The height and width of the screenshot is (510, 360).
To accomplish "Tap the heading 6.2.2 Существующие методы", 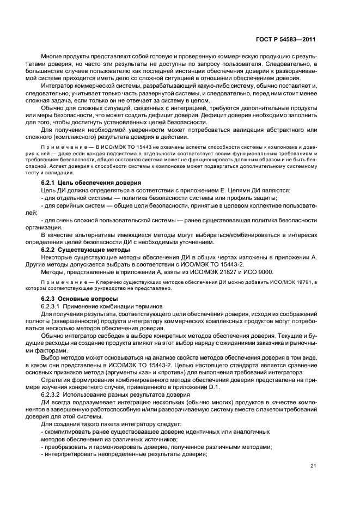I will click(80, 249).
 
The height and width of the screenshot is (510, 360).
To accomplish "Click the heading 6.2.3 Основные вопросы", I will click(77, 299).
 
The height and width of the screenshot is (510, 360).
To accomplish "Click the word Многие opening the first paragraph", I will click(53, 57).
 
